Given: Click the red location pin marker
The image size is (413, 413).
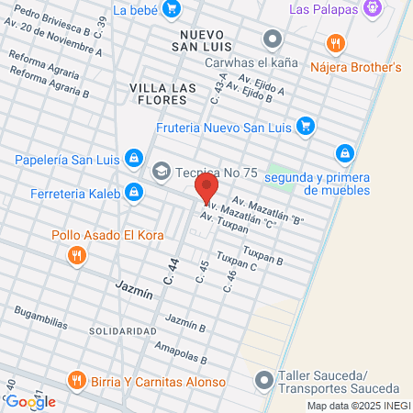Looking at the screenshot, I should pos(206,191).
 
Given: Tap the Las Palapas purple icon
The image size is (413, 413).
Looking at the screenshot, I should pos(372,9).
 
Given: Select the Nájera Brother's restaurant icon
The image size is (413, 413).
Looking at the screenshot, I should pos(336,43).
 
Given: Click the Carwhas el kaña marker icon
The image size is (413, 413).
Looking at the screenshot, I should pos(272,39).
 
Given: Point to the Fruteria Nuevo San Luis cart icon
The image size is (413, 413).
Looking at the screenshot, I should pos(307,127).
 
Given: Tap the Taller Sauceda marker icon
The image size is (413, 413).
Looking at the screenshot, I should pos(264,379).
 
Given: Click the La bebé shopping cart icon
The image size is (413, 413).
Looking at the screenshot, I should pos(171,9).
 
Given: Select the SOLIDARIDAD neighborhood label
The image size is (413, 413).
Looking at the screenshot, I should pos(123,330).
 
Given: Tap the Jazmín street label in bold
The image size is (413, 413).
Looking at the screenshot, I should pos(134,285).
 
